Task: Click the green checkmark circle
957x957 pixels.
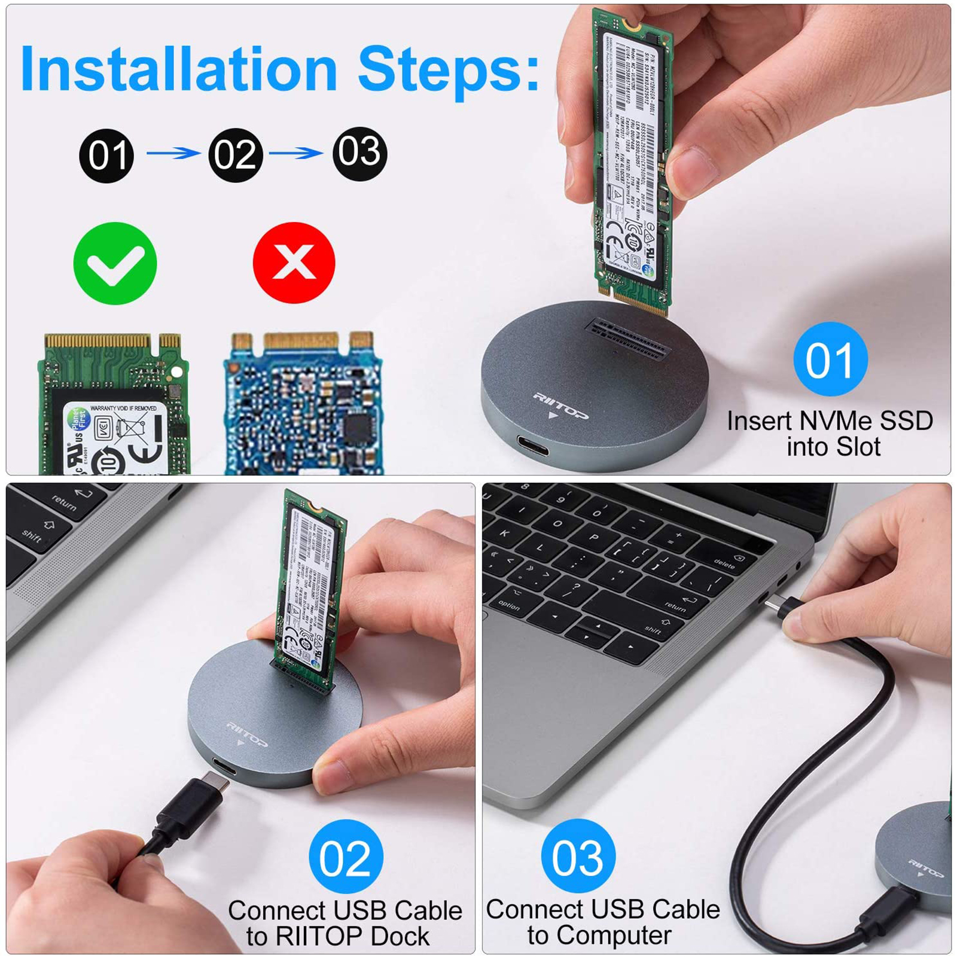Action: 115,263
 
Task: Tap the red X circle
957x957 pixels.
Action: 294,263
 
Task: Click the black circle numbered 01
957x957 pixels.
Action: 106,156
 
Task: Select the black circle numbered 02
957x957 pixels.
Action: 236,155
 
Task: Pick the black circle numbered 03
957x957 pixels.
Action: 359,154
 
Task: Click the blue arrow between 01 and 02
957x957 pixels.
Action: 173,153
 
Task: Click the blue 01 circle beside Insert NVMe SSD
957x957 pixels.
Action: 830,359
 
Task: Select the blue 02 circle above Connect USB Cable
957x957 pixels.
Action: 346,857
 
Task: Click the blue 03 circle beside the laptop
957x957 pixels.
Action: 578,856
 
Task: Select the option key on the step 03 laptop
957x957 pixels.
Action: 509,605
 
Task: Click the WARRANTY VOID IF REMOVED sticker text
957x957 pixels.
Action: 123,409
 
